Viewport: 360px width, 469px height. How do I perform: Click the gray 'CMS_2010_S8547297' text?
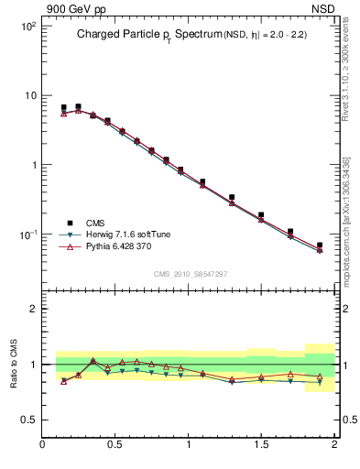(x=190, y=274)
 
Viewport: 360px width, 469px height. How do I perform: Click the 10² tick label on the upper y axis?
(x=27, y=27)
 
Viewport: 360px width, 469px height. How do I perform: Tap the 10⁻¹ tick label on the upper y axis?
(x=27, y=235)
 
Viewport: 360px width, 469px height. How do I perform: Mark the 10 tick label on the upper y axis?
(x=29, y=96)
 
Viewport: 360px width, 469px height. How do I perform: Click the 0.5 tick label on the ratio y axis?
(x=28, y=420)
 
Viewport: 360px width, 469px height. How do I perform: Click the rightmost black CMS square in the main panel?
(x=320, y=245)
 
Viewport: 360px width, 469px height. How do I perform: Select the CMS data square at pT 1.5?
(x=261, y=215)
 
